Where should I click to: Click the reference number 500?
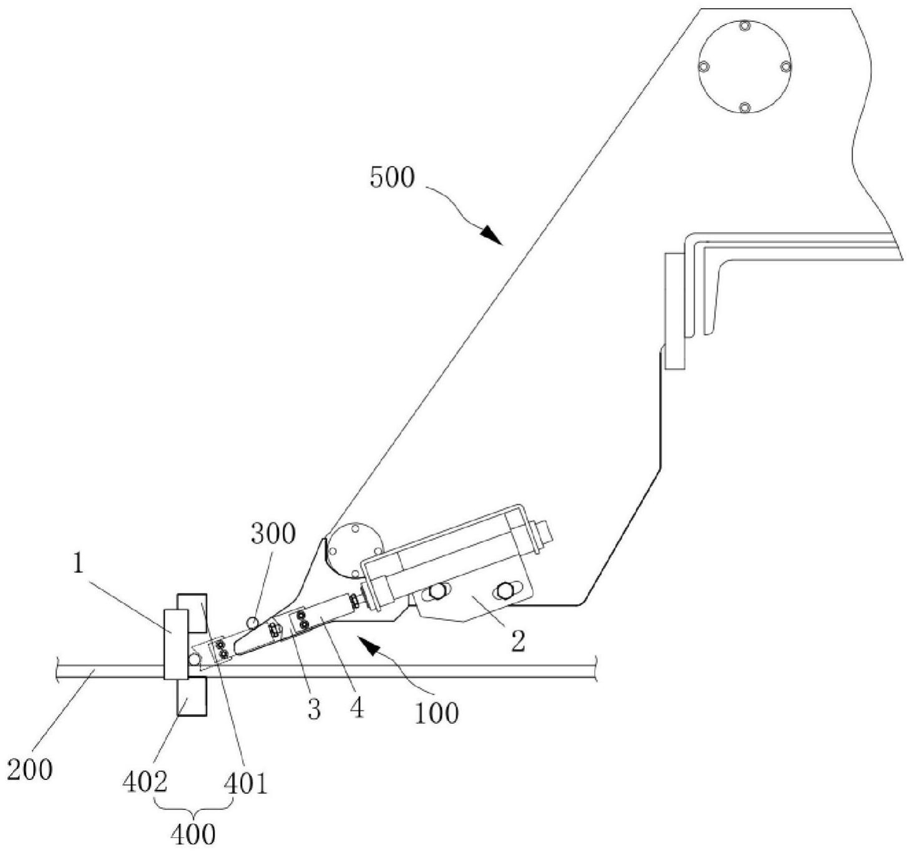392,178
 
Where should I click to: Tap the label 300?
273,534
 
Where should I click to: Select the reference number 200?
30,770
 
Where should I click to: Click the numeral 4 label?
357,709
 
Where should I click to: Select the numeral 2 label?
518,642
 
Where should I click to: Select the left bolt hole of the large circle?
703,67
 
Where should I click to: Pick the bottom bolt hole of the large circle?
745,108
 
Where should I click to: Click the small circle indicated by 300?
253,623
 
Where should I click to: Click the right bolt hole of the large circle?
786,67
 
